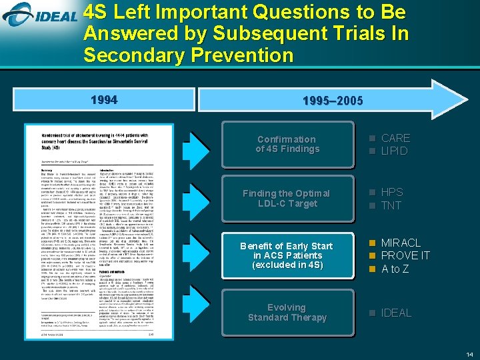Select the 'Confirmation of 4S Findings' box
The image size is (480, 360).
(287, 144)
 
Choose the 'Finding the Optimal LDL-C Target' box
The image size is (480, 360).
(287, 198)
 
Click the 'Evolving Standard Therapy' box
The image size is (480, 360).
(287, 312)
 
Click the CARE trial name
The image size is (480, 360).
(395, 138)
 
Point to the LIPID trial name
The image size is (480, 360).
(394, 151)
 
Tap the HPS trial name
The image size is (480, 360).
(391, 193)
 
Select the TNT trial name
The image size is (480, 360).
(391, 205)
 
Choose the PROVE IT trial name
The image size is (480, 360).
(405, 256)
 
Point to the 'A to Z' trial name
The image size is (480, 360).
(395, 269)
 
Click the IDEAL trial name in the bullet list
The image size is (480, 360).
(396, 313)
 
